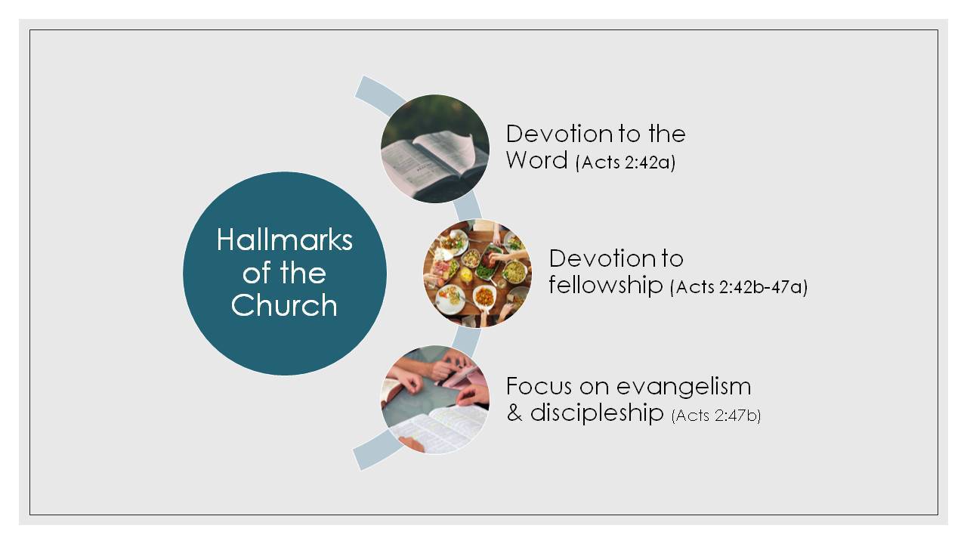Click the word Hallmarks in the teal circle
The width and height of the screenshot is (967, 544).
[285, 240]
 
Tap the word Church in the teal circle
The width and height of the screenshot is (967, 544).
[284, 305]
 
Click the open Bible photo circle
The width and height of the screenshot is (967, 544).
[435, 149]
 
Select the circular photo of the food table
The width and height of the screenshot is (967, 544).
[477, 274]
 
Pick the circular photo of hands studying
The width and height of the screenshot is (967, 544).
[435, 400]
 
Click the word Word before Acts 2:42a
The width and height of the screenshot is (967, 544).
[536, 160]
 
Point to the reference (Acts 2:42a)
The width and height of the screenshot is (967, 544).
[626, 162]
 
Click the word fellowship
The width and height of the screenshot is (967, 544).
[606, 285]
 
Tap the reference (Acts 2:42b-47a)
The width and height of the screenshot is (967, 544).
[739, 287]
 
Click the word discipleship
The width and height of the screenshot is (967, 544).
[597, 413]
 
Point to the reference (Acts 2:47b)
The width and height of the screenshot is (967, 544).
[716, 416]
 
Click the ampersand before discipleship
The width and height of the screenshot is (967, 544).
[514, 413]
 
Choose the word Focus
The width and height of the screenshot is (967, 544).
[539, 386]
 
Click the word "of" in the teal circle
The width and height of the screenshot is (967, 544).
[258, 273]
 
